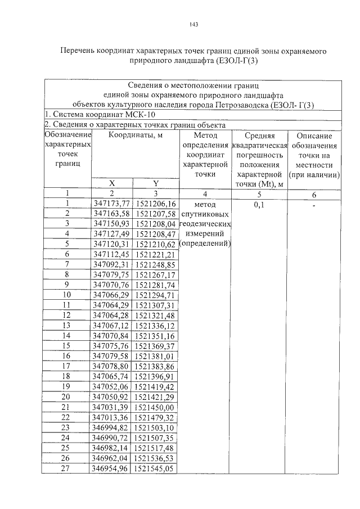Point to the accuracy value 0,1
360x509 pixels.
point(260,205)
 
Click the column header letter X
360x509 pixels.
point(111,183)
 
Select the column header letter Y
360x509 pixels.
point(155,183)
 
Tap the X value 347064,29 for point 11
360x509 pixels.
point(111,305)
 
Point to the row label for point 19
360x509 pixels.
point(66,386)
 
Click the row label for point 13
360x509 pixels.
point(66,325)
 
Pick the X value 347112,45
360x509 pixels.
point(111,254)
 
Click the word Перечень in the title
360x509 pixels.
point(78,51)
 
